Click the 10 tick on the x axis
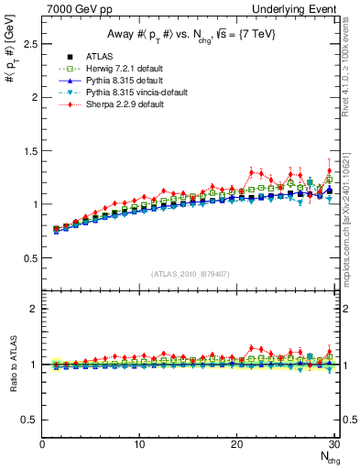pyautogui.click(x=139, y=444)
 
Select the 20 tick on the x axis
pyautogui.click(x=237, y=444)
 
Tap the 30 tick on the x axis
pyautogui.click(x=334, y=444)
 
